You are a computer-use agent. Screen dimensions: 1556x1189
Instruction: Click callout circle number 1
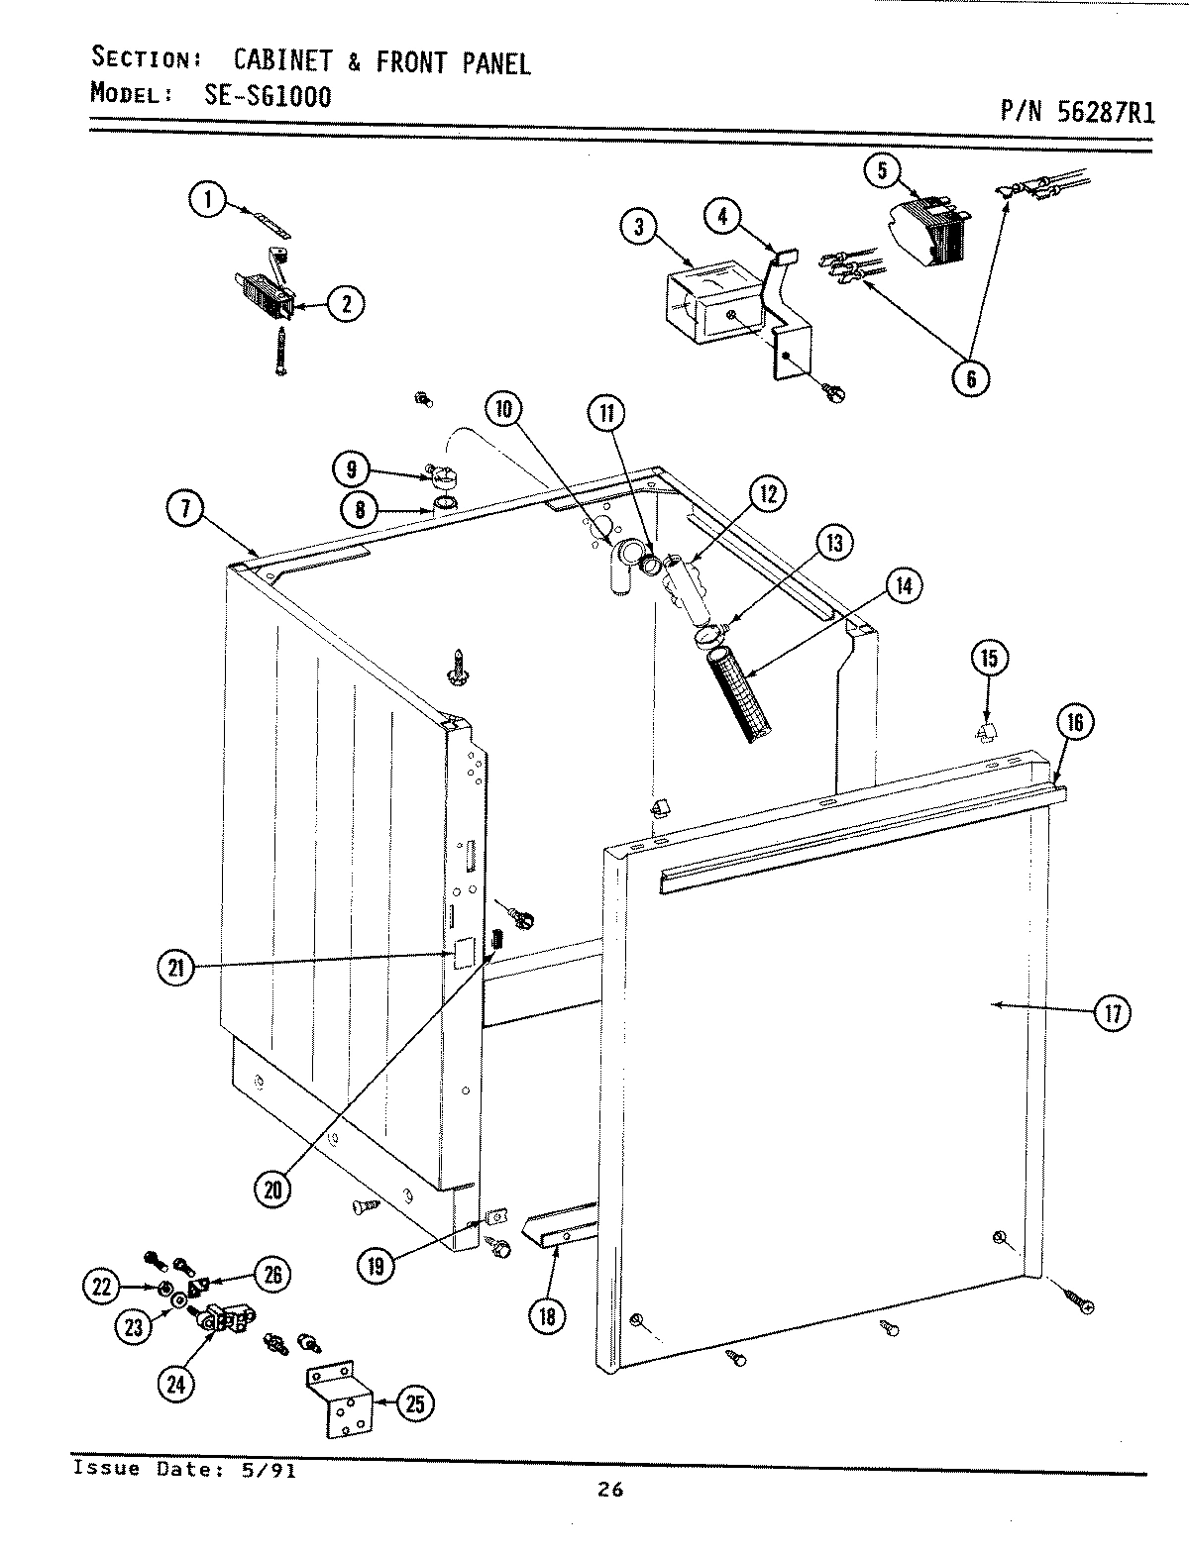pos(207,202)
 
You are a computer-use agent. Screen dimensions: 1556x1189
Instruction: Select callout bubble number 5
pos(881,169)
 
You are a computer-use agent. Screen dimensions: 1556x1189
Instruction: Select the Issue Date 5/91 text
pos(184,1468)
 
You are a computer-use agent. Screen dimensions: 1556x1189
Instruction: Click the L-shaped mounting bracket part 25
pos(339,1398)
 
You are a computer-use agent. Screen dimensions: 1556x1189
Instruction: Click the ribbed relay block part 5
pos(931,234)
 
